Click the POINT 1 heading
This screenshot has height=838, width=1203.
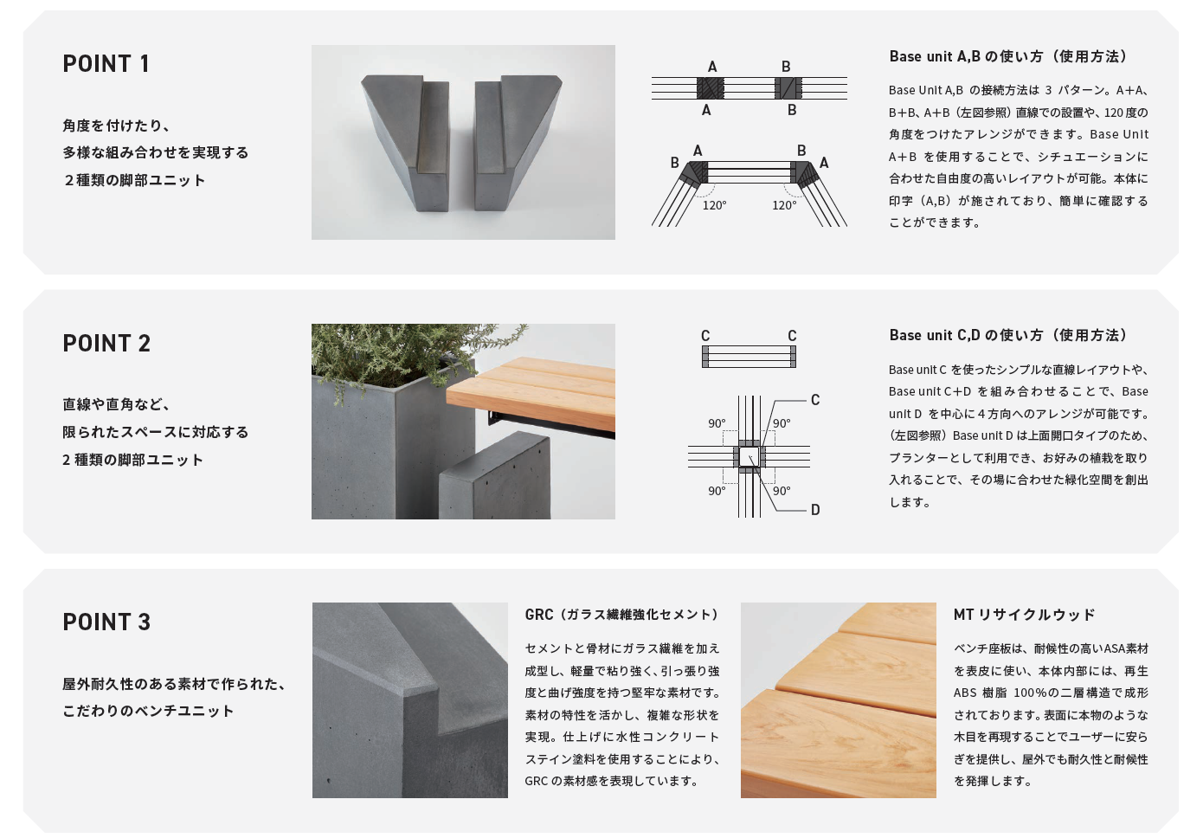coord(106,63)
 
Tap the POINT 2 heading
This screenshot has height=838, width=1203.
coord(106,343)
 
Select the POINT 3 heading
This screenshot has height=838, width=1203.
coord(106,622)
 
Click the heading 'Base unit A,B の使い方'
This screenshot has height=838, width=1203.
coord(1007,56)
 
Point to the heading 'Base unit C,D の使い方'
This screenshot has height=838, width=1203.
coord(1007,335)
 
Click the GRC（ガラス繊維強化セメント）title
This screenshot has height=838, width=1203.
coord(621,615)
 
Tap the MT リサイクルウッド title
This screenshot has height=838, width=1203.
coord(1024,615)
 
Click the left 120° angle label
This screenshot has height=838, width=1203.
coord(714,205)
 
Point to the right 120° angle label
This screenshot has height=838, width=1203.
coord(784,205)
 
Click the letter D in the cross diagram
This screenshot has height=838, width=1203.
coord(815,510)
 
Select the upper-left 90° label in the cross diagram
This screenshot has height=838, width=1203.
coord(717,423)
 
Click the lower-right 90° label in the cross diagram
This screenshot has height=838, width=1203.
coord(782,491)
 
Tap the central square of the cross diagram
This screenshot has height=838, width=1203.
coord(749,456)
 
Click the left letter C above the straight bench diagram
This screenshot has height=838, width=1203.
coord(705,336)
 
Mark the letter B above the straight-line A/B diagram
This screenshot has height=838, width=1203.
coord(786,67)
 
